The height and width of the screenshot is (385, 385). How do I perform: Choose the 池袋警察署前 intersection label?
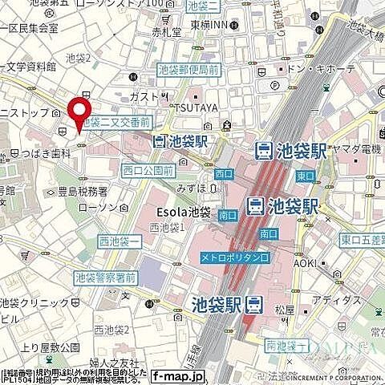[x=104, y=278]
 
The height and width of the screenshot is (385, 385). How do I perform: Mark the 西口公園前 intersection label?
[x=148, y=170]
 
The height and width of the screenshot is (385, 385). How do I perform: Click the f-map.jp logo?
[x=177, y=352]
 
